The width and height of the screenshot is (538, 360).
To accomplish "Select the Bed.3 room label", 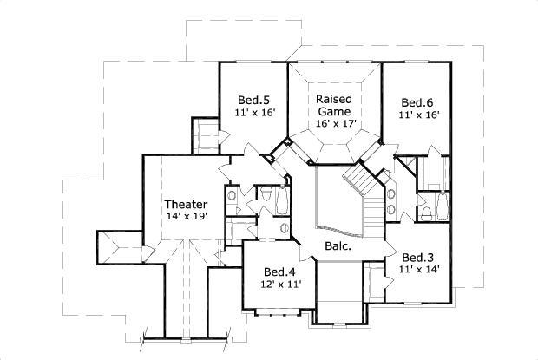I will [419, 257].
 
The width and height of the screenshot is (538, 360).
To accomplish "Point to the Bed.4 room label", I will [280, 271].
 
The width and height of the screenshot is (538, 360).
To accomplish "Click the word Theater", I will [187, 205].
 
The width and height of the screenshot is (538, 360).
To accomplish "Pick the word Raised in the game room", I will [333, 99].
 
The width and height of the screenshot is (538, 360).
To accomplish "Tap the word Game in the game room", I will [333, 112].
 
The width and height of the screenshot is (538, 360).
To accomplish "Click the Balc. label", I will [338, 246].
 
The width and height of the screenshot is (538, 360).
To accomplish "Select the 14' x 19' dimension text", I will [187, 217].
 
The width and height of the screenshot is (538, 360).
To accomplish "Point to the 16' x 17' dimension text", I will [333, 124].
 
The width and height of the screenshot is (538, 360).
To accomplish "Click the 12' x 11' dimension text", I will [280, 284].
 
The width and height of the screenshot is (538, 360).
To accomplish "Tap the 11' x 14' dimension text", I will [419, 269].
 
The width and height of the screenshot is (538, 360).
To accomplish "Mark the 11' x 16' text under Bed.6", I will [419, 114].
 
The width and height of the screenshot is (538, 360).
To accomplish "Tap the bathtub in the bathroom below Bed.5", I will [238, 231].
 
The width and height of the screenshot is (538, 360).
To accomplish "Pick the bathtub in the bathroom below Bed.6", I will [441, 206].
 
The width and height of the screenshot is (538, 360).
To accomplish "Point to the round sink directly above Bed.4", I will [285, 227].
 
